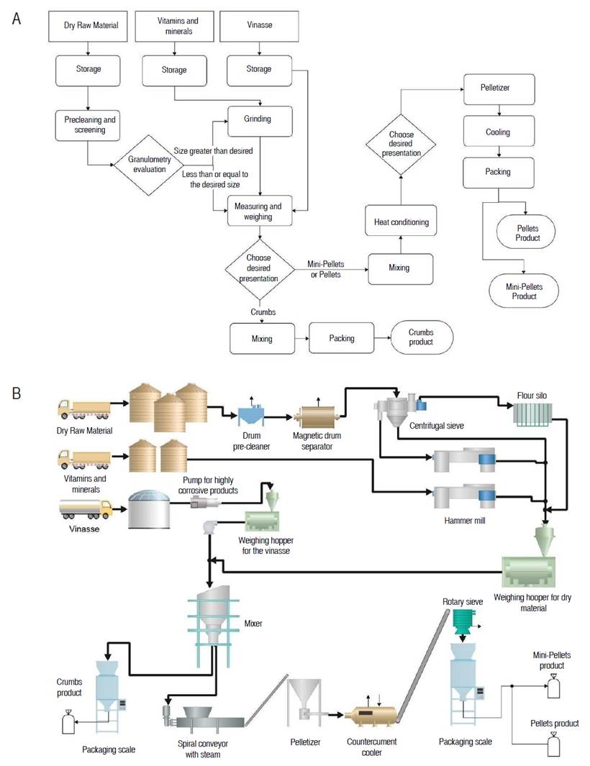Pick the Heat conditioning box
[x=400, y=222]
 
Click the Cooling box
[x=496, y=132]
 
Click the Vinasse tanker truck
[x=85, y=508]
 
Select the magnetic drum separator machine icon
[x=317, y=415]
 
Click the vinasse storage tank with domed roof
[x=150, y=509]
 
